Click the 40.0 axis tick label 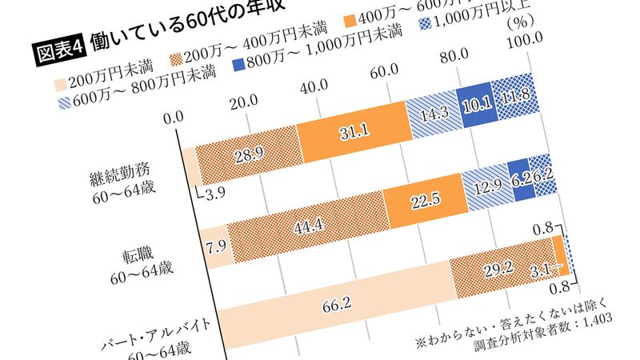coord(312,84)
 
